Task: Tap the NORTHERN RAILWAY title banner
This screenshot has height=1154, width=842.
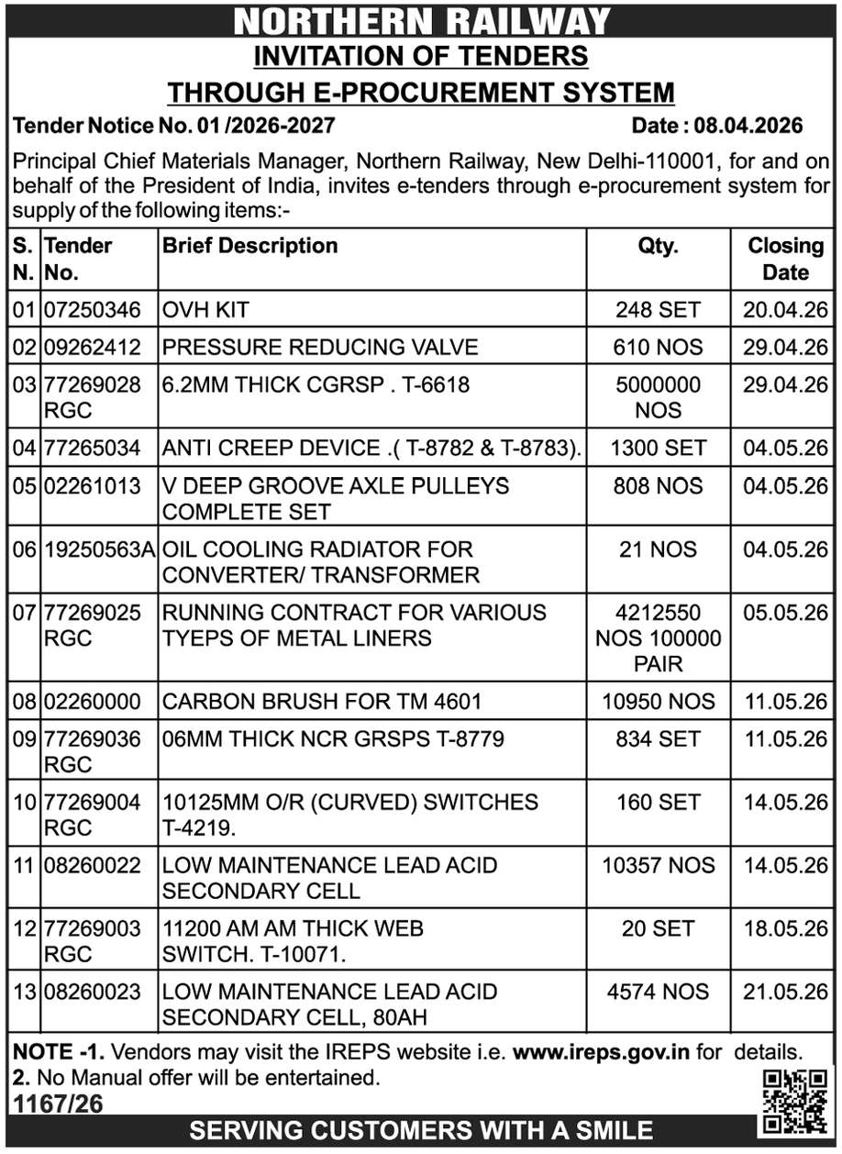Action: [x=421, y=20]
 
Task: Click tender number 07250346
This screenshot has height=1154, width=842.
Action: [x=93, y=310]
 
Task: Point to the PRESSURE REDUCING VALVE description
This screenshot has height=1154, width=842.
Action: [x=320, y=347]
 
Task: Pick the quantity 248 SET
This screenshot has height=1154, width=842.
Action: [x=658, y=310]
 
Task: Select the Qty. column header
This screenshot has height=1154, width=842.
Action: [x=658, y=246]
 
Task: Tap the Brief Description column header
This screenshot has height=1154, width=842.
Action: [x=250, y=246]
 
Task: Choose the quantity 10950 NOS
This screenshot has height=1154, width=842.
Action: [x=658, y=702]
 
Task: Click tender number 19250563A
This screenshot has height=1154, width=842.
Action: [x=99, y=549]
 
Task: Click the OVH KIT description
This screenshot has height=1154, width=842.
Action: [x=205, y=310]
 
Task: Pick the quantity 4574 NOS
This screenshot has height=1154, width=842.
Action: [x=658, y=992]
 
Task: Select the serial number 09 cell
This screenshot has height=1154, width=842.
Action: [x=24, y=738]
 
